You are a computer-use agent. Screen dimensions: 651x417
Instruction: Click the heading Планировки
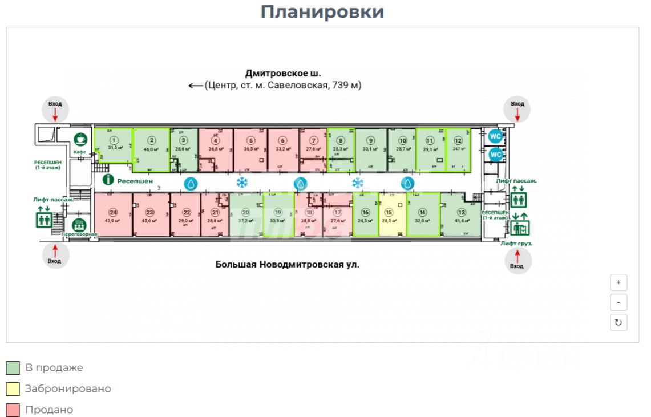click(x=322, y=12)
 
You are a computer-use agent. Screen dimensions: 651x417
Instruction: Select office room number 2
click(x=152, y=149)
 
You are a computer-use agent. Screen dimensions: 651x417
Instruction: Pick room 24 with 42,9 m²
click(x=113, y=214)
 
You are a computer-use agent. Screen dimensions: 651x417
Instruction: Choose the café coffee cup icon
click(x=80, y=139)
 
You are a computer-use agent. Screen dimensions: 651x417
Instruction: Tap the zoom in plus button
click(x=618, y=282)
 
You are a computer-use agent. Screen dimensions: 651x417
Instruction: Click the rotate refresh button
click(x=618, y=322)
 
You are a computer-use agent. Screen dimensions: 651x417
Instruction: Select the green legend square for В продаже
click(x=13, y=368)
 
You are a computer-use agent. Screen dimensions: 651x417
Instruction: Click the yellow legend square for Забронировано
click(x=13, y=389)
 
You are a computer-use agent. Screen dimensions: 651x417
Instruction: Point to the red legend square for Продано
click(x=13, y=410)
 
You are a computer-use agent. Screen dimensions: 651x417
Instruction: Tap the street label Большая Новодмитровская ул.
click(x=287, y=265)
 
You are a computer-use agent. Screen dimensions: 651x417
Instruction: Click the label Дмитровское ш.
click(x=283, y=74)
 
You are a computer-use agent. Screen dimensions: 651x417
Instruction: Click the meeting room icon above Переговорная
click(x=79, y=224)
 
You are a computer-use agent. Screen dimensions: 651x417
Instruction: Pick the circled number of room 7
click(x=313, y=140)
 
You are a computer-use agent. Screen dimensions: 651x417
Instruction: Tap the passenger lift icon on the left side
click(x=45, y=218)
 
